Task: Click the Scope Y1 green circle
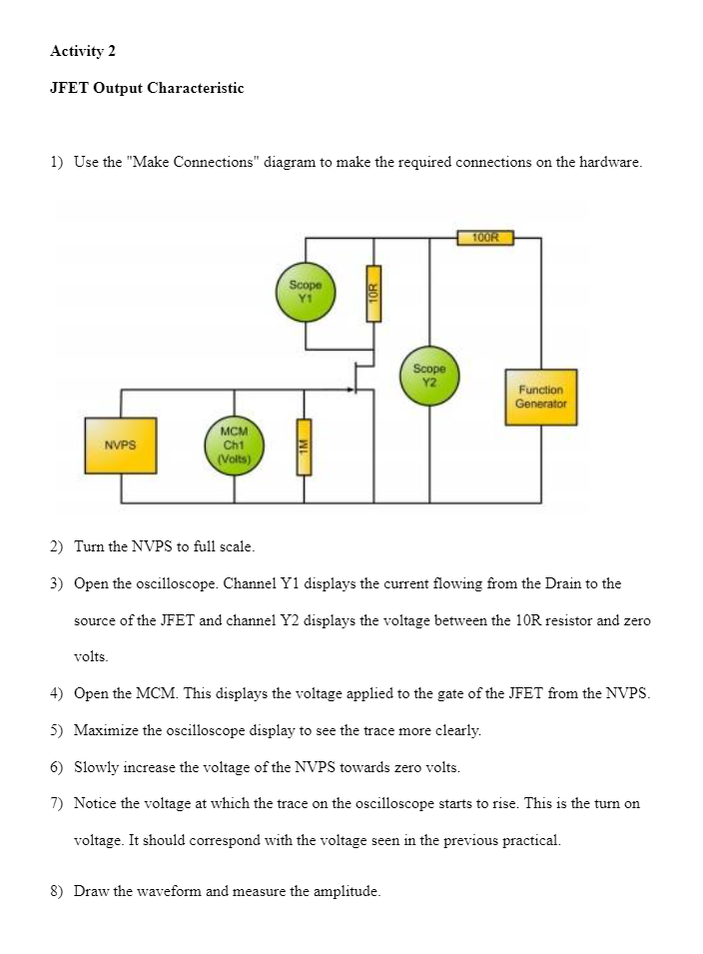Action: tap(306, 293)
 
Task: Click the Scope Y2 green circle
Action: tap(430, 376)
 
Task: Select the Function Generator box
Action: tap(540, 397)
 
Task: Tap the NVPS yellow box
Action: tap(120, 445)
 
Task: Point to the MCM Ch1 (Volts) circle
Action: tap(234, 445)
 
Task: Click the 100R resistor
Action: tap(485, 238)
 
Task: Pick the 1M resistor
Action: tap(302, 447)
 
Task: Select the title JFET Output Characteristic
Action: tap(147, 88)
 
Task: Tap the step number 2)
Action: tap(57, 546)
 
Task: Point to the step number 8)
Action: tap(57, 891)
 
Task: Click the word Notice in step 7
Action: tap(97, 804)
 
